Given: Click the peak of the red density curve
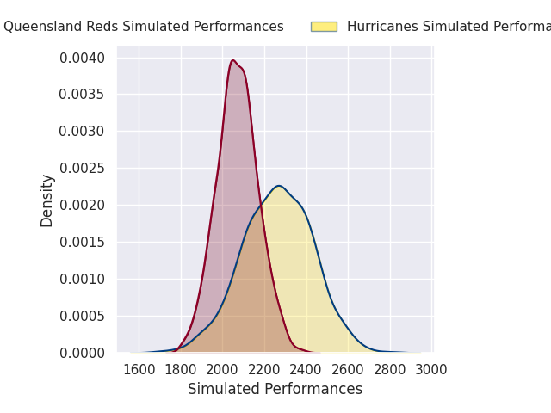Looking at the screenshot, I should (x=232, y=60).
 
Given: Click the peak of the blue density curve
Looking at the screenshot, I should (x=278, y=186).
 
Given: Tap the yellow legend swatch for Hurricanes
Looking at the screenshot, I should (x=324, y=27).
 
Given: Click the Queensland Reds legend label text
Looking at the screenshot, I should (x=143, y=27).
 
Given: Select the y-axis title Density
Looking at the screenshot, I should (x=46, y=200).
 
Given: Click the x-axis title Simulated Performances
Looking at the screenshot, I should (x=275, y=389).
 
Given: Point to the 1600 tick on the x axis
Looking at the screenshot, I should (x=139, y=370).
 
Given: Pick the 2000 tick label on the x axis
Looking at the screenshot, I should (x=222, y=370).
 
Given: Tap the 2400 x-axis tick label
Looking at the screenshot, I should (x=306, y=370).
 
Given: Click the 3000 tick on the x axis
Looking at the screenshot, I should (x=430, y=370).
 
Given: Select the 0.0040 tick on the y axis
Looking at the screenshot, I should (x=82, y=58).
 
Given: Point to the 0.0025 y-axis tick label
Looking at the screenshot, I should (x=82, y=169).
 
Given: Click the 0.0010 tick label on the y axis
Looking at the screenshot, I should (x=82, y=279).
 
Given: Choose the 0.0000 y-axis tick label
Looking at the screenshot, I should (x=82, y=353).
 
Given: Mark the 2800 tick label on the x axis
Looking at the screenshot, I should (x=389, y=370).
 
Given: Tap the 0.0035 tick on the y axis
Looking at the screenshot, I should (x=82, y=95).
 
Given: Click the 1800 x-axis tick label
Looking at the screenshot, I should (x=181, y=370).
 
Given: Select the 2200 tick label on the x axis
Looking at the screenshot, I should (x=264, y=370).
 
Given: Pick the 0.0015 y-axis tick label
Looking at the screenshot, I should (x=82, y=242).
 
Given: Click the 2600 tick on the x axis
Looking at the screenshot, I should (x=348, y=370).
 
